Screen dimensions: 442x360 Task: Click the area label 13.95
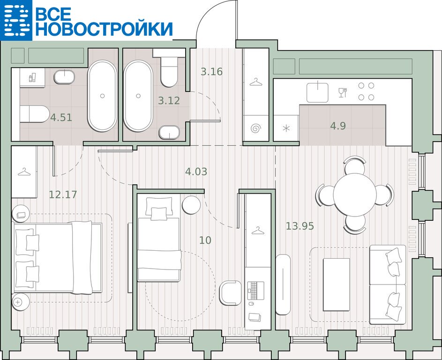pyautogui.click(x=300, y=226)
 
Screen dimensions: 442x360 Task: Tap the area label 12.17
pyautogui.click(x=63, y=194)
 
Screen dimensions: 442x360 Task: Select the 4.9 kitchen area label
pyautogui.click(x=337, y=126)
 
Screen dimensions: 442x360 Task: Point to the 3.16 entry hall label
pyautogui.click(x=211, y=72)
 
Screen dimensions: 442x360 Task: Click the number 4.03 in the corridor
pyautogui.click(x=196, y=171)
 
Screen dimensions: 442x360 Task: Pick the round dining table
pyautogui.click(x=355, y=194)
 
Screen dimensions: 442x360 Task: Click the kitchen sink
pyautogui.click(x=317, y=92)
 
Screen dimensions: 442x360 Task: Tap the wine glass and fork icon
pyautogui.click(x=343, y=92)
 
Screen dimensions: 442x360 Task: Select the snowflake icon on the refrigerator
pyautogui.click(x=286, y=128)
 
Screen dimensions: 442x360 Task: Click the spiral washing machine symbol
pyautogui.click(x=255, y=128)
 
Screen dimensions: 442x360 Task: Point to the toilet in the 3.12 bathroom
pyautogui.click(x=169, y=67)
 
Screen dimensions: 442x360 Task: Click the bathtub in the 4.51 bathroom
pyautogui.click(x=102, y=96)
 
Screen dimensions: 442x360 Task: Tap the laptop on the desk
pyautogui.click(x=256, y=291)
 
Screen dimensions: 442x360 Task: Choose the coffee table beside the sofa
pyautogui.click(x=336, y=285)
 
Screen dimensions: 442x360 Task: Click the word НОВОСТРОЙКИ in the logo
pyautogui.click(x=104, y=29)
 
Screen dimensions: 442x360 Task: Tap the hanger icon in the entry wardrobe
pyautogui.click(x=255, y=82)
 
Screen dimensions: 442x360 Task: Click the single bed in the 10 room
pyautogui.click(x=159, y=239)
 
